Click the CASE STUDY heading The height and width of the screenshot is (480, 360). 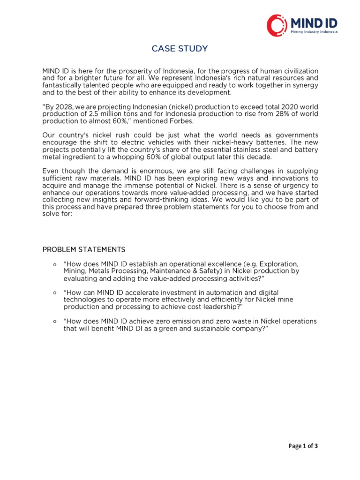(180, 49)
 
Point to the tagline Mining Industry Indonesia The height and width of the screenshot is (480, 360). (314, 33)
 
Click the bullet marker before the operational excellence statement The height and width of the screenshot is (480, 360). (55, 264)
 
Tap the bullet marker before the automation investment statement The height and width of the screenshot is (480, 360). (55, 292)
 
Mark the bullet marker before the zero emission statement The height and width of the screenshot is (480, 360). (55, 322)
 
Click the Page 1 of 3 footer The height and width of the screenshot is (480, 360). (303, 446)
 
